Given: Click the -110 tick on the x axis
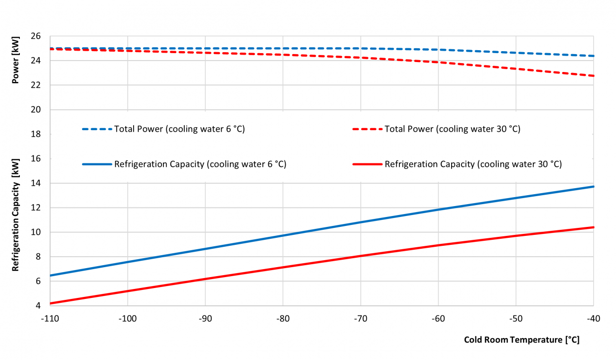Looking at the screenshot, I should [x=50, y=318].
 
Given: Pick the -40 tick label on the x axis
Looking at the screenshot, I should [x=594, y=318].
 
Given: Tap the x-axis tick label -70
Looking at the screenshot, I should [x=360, y=318].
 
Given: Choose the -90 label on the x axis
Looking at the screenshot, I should [x=205, y=318].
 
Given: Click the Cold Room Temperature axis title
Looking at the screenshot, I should [x=522, y=340].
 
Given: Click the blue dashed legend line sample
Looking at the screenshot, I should [x=97, y=129].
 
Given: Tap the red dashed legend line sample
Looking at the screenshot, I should [x=367, y=129].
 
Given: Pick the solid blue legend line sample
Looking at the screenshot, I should [x=97, y=164].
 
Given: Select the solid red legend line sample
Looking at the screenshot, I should [x=367, y=164].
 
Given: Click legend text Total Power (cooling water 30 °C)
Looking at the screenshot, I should [x=453, y=129].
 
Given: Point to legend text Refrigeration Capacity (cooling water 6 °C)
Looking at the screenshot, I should [x=200, y=164].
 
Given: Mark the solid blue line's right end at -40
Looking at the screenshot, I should [x=594, y=187].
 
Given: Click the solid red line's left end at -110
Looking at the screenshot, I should [x=50, y=303].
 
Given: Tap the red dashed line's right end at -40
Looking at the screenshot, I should [x=594, y=76].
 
